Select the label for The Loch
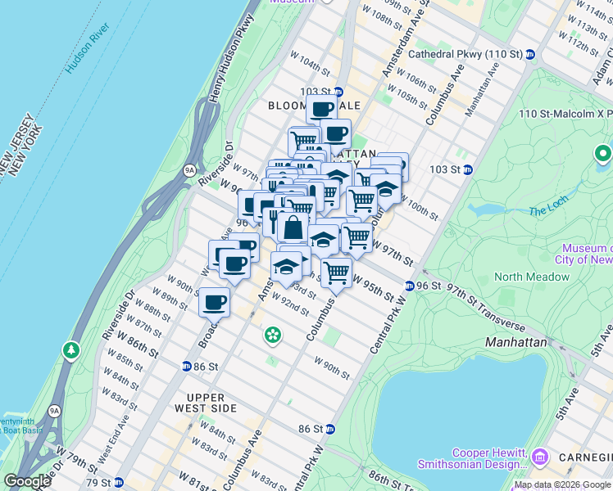pyautogui.click(x=548, y=211)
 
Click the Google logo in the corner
pyautogui.click(x=26, y=481)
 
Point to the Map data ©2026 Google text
pyautogui.click(x=562, y=484)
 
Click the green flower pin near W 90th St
pyautogui.click(x=272, y=334)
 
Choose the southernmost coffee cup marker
pyautogui.click(x=214, y=302)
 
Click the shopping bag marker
pyautogui.click(x=293, y=228)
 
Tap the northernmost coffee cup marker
pyautogui.click(x=321, y=109)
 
